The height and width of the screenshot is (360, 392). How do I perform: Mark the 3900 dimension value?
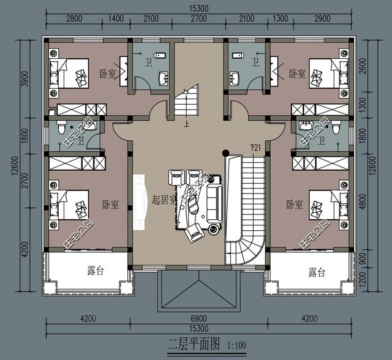pos(24,78)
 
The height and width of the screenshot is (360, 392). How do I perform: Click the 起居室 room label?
pos(164,200)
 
